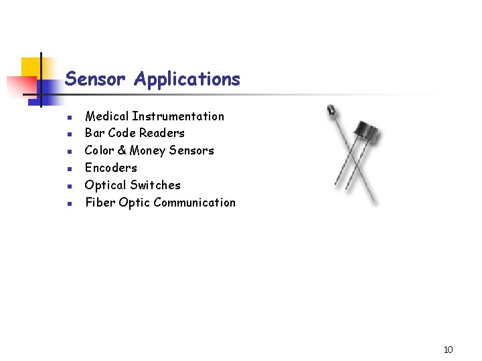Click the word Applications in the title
(187, 80)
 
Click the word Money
(148, 151)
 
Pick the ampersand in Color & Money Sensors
(121, 150)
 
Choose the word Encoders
(110, 168)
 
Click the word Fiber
(100, 203)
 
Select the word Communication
(197, 203)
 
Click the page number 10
(448, 350)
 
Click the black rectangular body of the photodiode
(367, 132)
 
